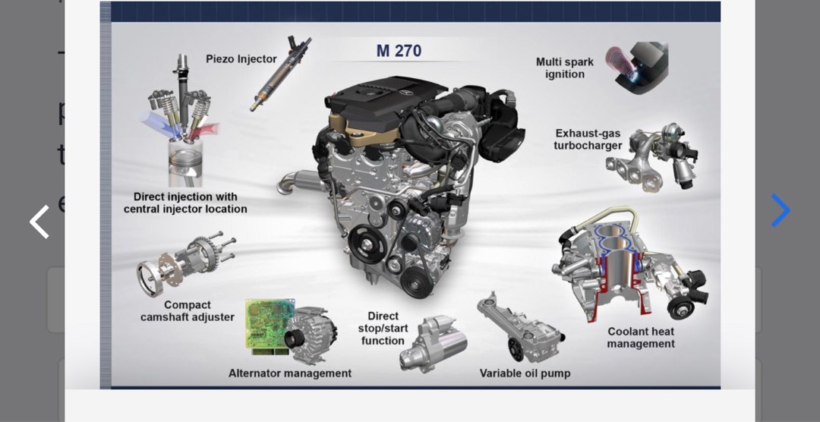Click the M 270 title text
(399, 52)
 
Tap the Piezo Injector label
(241, 59)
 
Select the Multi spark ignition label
(565, 68)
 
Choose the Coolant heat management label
(641, 338)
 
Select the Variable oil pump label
(525, 373)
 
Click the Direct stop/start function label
(383, 329)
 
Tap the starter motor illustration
(433, 345)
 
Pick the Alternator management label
(290, 373)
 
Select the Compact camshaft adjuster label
(188, 311)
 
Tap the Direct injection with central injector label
(185, 203)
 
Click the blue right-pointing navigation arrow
(780, 211)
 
